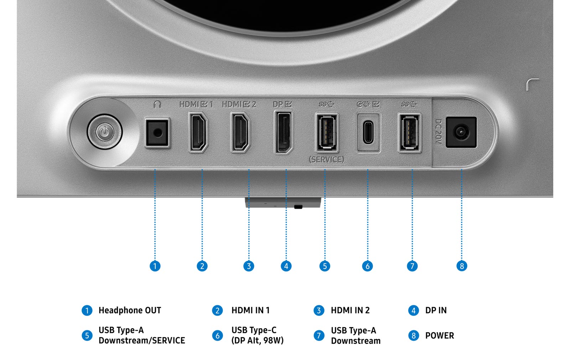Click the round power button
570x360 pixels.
point(105,132)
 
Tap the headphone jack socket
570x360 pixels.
point(157,133)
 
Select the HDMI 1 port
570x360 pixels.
point(198,132)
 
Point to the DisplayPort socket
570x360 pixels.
point(284,132)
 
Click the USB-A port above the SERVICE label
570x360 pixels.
point(327,133)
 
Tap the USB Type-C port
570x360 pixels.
point(368,133)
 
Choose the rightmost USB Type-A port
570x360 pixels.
point(409,133)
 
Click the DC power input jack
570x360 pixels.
point(461,132)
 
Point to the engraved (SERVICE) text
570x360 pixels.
point(326,160)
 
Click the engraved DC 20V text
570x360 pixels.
point(438,132)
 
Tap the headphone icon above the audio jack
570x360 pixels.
point(157,104)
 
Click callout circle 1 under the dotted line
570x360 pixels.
point(155,266)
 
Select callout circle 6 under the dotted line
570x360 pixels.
point(367,266)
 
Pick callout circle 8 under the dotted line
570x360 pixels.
point(462,266)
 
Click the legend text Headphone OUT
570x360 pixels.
point(130,310)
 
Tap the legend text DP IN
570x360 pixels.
point(436,310)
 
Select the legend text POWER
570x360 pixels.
point(440,335)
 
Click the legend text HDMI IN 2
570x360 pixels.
point(350,310)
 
